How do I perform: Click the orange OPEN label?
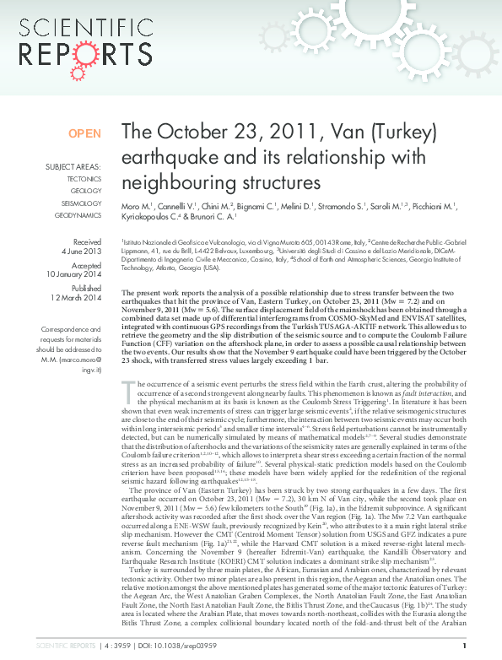84,133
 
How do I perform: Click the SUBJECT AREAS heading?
73,166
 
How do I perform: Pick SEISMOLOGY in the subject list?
82,203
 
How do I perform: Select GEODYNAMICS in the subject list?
78,215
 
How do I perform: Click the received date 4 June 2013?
83,251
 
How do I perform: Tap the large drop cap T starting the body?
128,390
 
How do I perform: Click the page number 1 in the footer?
465,646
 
